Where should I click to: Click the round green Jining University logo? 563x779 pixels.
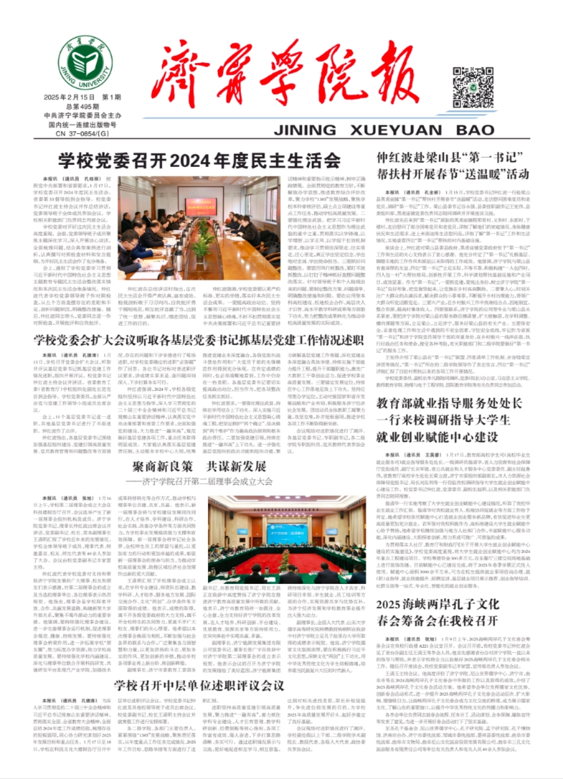pyautogui.click(x=84, y=63)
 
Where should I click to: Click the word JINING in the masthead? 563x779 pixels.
pyautogui.click(x=305, y=130)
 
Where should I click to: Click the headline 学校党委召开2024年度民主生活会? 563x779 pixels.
pyautogui.click(x=199, y=161)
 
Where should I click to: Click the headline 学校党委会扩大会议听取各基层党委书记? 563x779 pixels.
pyautogui.click(x=199, y=340)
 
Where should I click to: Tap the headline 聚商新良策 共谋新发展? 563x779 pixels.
pyautogui.click(x=199, y=466)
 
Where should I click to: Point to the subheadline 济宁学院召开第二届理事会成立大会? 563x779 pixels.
pyautogui.click(x=202, y=481)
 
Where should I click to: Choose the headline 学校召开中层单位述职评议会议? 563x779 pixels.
pyautogui.click(x=199, y=685)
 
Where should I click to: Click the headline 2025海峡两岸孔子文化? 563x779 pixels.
pyautogui.click(x=437, y=604)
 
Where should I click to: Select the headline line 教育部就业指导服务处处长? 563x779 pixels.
pyautogui.click(x=449, y=403)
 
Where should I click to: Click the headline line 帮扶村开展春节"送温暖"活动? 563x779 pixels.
pyautogui.click(x=452, y=174)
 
